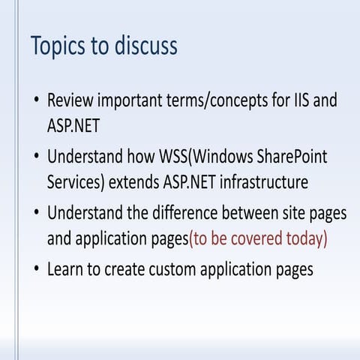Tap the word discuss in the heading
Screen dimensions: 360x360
(145, 45)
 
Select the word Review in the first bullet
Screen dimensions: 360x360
(70, 100)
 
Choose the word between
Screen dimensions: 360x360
(259, 213)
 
